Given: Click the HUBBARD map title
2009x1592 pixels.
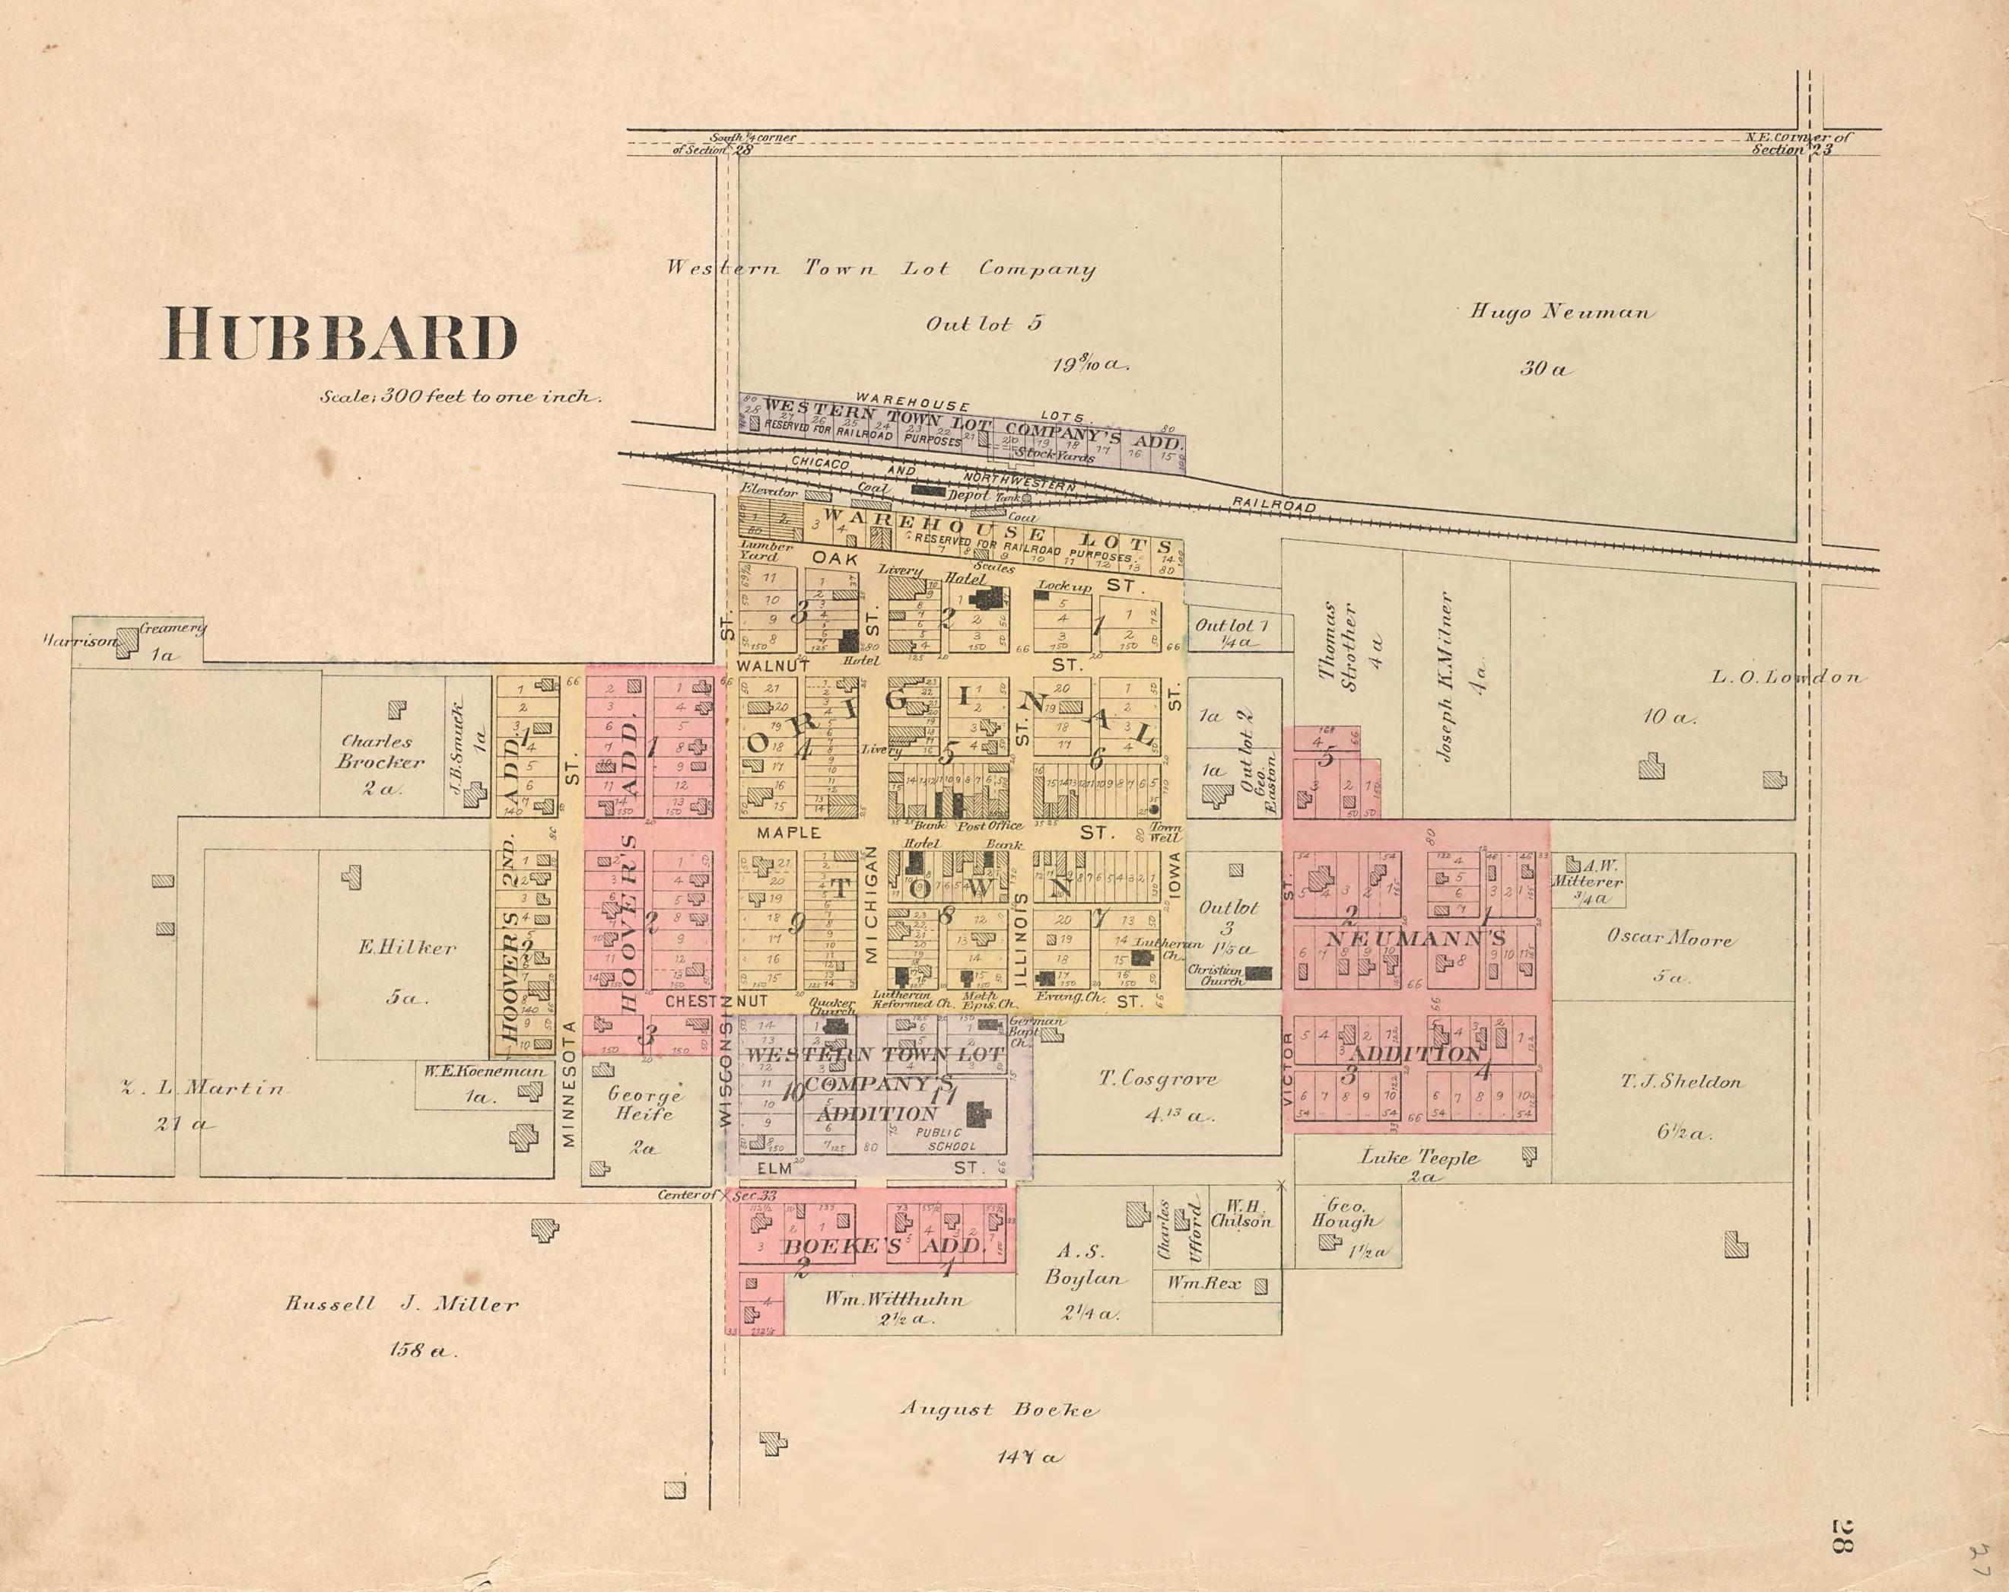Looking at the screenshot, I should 340,336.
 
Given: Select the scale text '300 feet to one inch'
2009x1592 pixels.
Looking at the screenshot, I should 460,396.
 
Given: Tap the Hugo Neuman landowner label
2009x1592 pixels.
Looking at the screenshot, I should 1562,312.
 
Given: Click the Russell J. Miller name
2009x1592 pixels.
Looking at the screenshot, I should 401,1305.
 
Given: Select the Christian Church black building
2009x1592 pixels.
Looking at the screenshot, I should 1259,974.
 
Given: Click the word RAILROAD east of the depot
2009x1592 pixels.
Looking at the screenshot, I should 1274,505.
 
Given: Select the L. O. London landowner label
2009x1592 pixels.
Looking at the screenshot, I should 1785,677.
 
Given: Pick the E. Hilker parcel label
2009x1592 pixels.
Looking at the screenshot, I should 407,949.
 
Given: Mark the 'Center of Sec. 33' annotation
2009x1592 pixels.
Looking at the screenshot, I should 716,1195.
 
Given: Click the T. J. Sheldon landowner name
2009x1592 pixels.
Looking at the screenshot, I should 1681,1082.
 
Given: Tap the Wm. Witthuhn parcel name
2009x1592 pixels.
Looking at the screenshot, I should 895,1299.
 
